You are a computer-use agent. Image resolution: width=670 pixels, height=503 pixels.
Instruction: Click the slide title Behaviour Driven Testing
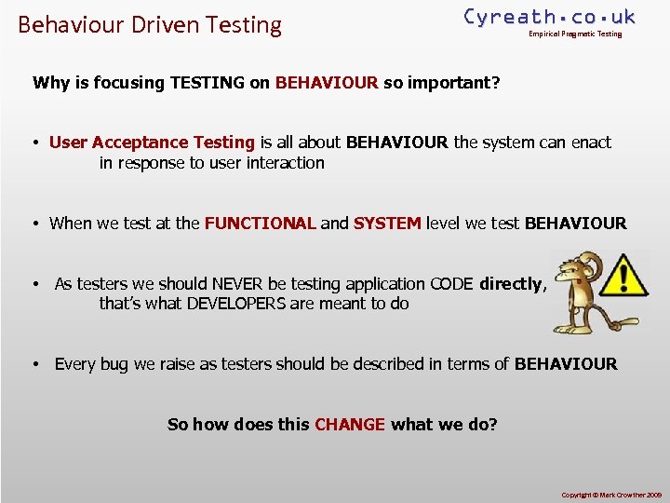click(149, 24)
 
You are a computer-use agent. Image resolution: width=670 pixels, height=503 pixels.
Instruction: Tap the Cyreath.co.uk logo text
click(549, 16)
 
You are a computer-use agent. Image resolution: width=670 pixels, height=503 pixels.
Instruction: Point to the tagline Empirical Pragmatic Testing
click(575, 34)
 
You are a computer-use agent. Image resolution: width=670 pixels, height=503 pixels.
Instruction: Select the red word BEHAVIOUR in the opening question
click(327, 83)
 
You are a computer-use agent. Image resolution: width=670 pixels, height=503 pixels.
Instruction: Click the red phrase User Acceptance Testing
click(152, 143)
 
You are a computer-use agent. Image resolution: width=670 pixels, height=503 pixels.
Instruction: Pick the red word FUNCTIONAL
click(261, 224)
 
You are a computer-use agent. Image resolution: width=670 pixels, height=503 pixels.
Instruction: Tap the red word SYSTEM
click(387, 224)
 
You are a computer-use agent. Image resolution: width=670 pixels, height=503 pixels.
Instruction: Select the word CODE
click(451, 284)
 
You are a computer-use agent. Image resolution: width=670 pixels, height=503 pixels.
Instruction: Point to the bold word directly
click(511, 284)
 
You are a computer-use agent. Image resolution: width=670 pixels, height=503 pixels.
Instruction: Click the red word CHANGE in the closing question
click(350, 425)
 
